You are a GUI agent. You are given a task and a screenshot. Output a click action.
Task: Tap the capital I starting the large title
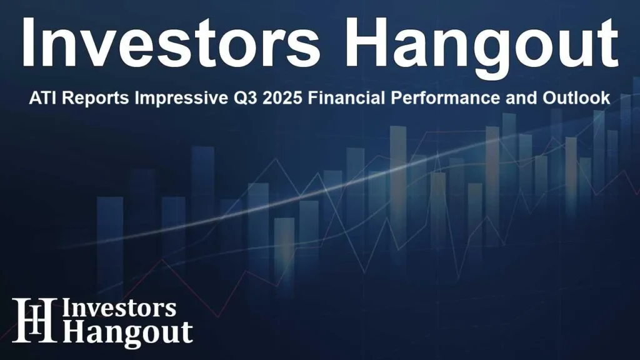tap(28, 43)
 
